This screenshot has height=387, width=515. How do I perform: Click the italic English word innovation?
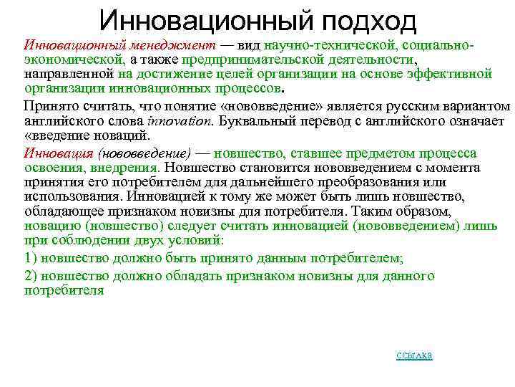pyautogui.click(x=184, y=121)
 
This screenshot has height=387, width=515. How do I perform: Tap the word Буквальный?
pyautogui.click(x=251, y=121)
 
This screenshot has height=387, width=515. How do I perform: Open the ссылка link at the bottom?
pyautogui.click(x=414, y=356)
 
